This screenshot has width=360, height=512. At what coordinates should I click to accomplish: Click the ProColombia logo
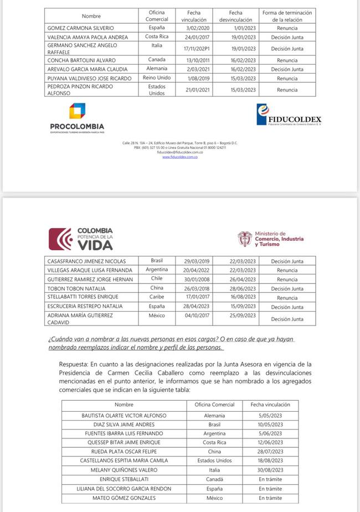pyautogui.click(x=77, y=118)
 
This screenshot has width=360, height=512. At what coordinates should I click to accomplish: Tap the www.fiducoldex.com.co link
pyautogui.click(x=180, y=157)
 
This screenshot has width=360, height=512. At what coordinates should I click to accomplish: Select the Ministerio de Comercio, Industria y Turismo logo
pyautogui.click(x=270, y=239)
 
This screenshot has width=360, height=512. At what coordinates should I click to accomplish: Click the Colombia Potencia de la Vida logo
pyautogui.click(x=81, y=239)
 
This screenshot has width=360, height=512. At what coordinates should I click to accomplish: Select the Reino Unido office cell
pyautogui.click(x=157, y=78)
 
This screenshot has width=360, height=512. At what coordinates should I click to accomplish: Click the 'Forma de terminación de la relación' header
pyautogui.click(x=288, y=15)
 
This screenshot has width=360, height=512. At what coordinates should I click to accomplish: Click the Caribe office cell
pyautogui.click(x=157, y=297)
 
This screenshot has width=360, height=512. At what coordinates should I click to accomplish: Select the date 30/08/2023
pyautogui.click(x=270, y=470)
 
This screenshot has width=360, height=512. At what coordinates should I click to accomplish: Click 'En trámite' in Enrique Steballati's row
pyautogui.click(x=270, y=479)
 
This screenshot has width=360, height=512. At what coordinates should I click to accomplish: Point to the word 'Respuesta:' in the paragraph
pyautogui.click(x=74, y=364)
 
